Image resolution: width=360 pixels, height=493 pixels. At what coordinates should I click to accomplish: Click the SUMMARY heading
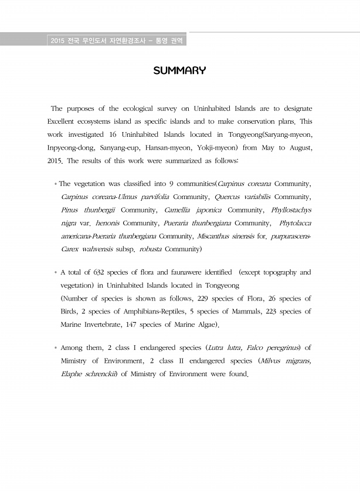[179, 71]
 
